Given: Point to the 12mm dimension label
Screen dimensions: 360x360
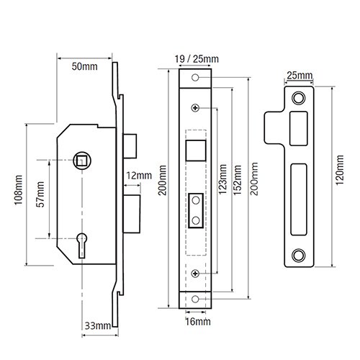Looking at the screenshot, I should click(139, 175).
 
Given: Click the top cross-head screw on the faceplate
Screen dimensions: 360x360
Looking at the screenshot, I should click(196, 107).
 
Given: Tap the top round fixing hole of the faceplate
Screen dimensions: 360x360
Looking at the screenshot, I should click(196, 76).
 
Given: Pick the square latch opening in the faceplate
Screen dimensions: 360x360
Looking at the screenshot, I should click(195, 149).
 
